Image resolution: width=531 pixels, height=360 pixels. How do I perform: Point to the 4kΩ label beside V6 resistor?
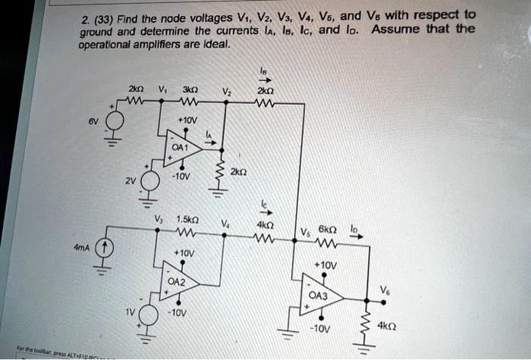(388, 328)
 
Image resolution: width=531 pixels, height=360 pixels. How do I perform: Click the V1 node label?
(162, 87)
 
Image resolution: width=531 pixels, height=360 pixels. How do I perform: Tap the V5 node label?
(305, 232)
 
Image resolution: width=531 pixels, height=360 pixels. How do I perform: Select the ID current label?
(353, 227)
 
